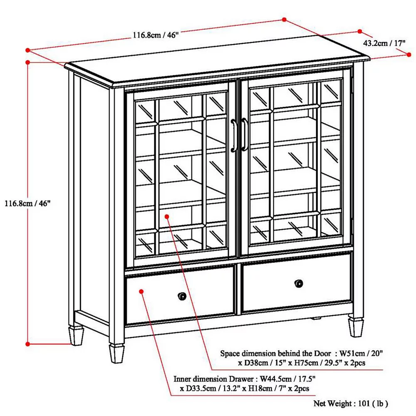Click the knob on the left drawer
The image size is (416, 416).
182,296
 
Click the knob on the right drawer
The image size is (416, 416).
299,283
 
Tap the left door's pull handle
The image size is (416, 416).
233,136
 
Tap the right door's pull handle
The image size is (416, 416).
244,134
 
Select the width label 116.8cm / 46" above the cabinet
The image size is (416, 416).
156,35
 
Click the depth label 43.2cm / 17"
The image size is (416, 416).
384,43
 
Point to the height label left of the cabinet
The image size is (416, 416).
27,203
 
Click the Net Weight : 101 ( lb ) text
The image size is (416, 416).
351,404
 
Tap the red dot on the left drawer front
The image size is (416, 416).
141,292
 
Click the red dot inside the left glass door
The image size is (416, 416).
167,217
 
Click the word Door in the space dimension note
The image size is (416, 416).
323,353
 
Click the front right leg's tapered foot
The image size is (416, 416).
356,327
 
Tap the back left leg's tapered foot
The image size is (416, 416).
76,336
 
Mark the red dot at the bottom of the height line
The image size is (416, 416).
27,344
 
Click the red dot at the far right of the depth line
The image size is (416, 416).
409,54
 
